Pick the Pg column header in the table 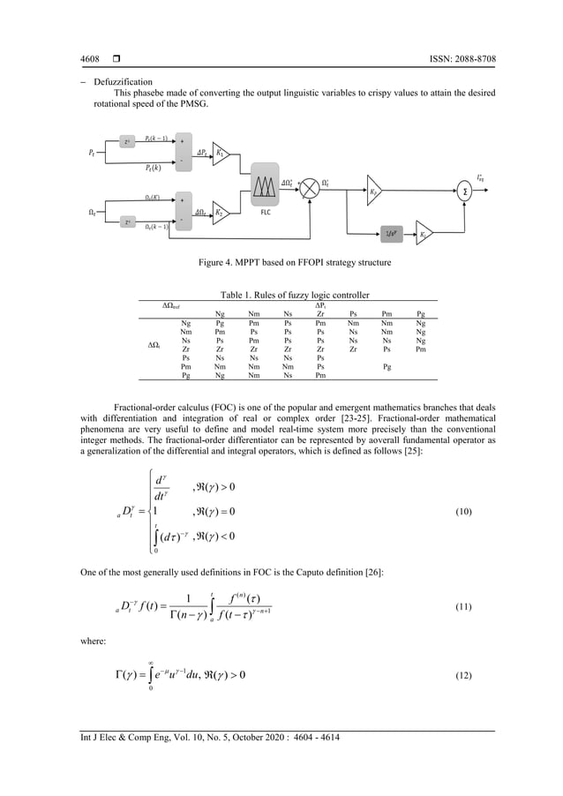pyautogui.click(x=420, y=312)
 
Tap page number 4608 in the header pyautogui.click(x=89, y=59)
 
